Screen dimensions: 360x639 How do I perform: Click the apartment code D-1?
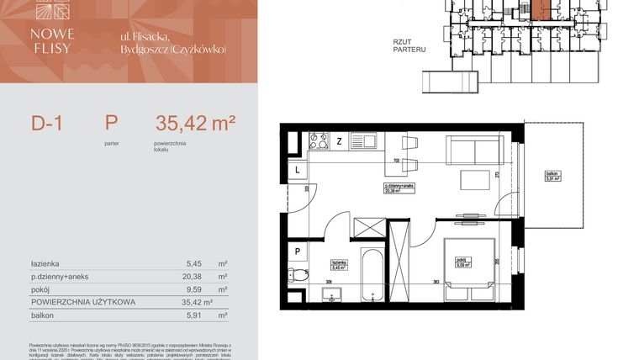[x=48, y=124]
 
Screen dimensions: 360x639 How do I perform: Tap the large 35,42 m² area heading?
[x=195, y=124]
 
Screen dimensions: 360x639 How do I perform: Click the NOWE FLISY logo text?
[x=53, y=40]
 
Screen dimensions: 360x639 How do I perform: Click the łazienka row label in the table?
[x=45, y=262]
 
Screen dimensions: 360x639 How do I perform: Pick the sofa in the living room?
[x=475, y=151]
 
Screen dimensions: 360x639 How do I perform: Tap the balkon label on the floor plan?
[x=552, y=175]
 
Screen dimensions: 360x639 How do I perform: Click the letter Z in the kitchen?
[x=339, y=140]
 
